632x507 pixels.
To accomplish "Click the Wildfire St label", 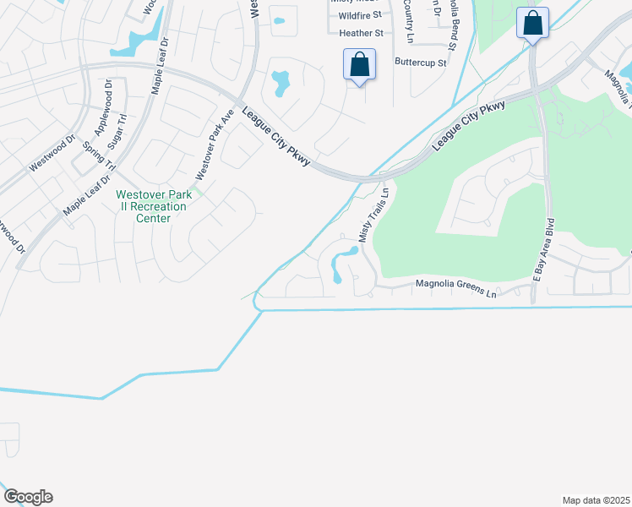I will point(360,15).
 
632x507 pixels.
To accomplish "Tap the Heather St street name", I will point(361,33).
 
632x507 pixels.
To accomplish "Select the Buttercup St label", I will point(420,62).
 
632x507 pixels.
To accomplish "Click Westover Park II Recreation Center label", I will point(154,206).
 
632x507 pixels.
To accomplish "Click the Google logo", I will point(28,496).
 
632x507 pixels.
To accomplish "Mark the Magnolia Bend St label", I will point(451,25).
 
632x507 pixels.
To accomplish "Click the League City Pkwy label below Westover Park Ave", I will point(276,136).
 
